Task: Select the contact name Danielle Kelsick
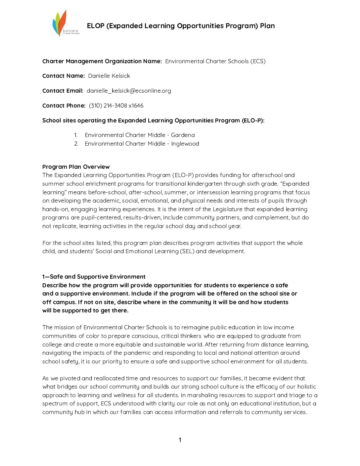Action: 109,76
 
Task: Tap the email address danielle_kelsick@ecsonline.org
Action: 129,91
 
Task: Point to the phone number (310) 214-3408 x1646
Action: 116,106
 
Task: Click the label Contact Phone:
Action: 64,106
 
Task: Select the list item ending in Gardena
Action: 139,135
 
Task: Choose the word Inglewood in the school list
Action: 185,144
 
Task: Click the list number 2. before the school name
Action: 76,144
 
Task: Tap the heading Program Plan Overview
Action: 76,167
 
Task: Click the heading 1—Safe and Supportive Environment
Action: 94,277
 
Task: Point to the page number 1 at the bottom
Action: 180,440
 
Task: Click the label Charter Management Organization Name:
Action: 102,61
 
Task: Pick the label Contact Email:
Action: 63,91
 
